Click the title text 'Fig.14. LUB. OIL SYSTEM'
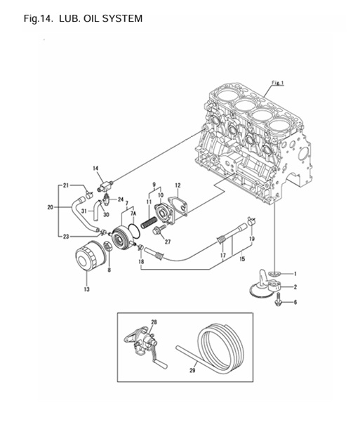point(83,18)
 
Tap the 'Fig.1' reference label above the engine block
point(277,83)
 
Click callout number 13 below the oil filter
point(87,289)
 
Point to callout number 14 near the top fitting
point(96,169)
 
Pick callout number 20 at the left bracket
point(50,207)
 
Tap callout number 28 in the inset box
point(154,322)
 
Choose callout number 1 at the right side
point(295,273)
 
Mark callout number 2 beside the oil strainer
point(295,287)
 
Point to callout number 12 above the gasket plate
point(178,185)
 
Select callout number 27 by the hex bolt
point(168,242)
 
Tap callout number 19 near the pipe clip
point(251,239)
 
